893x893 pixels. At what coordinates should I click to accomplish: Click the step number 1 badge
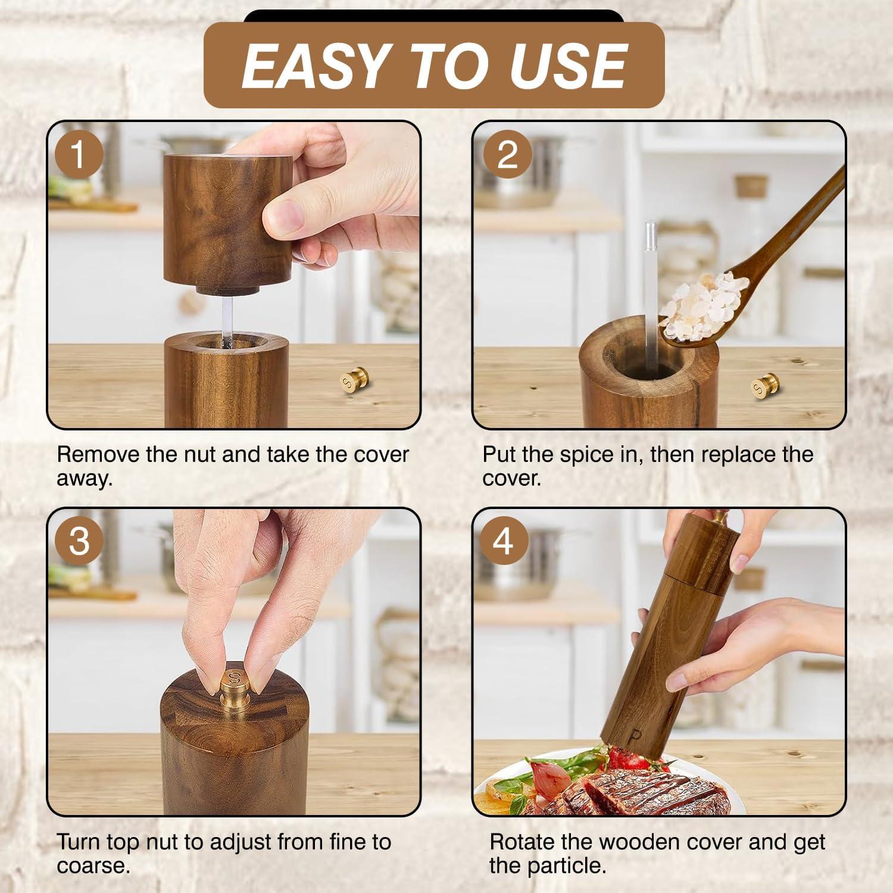pyautogui.click(x=79, y=154)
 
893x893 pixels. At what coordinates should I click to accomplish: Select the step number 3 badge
pyautogui.click(x=79, y=542)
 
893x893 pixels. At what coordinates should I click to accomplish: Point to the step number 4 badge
pyautogui.click(x=504, y=542)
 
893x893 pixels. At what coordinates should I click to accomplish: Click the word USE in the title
pyautogui.click(x=565, y=65)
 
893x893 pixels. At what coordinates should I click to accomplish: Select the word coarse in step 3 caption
pyautogui.click(x=93, y=866)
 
